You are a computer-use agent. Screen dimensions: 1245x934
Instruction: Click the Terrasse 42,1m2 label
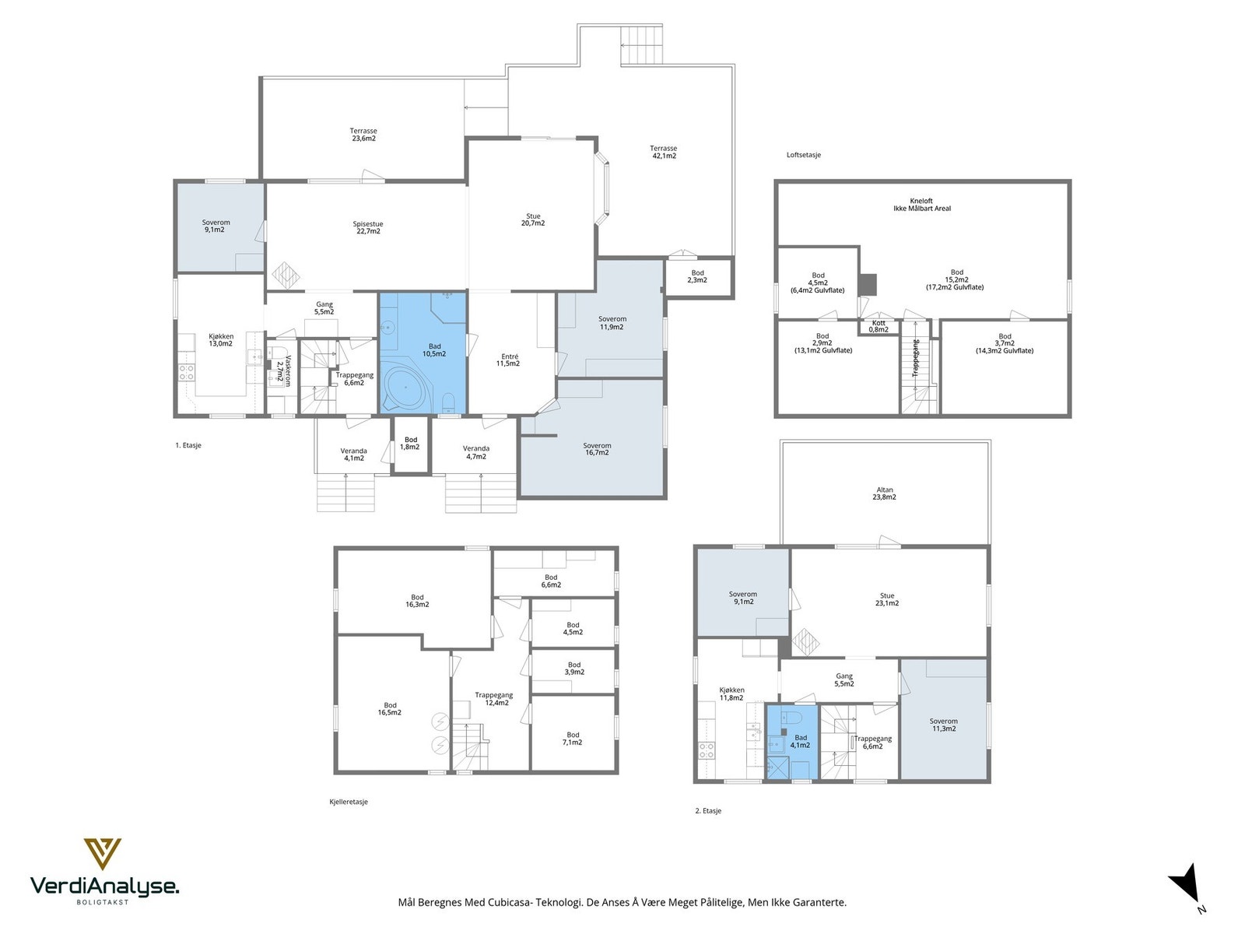click(x=663, y=152)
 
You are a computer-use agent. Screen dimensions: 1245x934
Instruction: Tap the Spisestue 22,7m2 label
click(x=367, y=227)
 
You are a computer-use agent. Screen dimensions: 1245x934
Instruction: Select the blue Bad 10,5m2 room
click(x=423, y=353)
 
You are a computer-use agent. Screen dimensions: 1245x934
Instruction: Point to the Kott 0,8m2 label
click(x=878, y=326)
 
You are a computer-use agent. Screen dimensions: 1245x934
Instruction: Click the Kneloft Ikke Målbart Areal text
click(x=922, y=205)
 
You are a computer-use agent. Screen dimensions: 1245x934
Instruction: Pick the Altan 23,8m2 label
click(x=884, y=493)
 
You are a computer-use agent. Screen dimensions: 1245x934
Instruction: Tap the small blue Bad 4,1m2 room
click(x=791, y=742)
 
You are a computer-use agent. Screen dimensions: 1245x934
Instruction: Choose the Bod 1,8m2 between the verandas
click(x=411, y=444)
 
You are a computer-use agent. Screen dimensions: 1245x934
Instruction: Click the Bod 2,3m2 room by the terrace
click(x=698, y=277)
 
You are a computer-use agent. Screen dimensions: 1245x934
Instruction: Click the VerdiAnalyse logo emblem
click(x=103, y=854)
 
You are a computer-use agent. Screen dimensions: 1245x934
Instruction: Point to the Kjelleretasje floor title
click(x=349, y=802)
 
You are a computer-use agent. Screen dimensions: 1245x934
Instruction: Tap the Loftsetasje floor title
click(x=804, y=155)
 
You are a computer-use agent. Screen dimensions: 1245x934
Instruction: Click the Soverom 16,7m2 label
click(x=597, y=449)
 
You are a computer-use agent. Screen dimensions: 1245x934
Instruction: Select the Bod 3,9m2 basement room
click(x=573, y=672)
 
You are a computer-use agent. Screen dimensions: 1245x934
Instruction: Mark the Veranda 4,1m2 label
click(x=353, y=455)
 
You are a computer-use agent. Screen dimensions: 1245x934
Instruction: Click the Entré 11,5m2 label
click(x=507, y=360)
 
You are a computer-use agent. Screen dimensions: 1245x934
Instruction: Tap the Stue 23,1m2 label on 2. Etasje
click(x=887, y=599)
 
